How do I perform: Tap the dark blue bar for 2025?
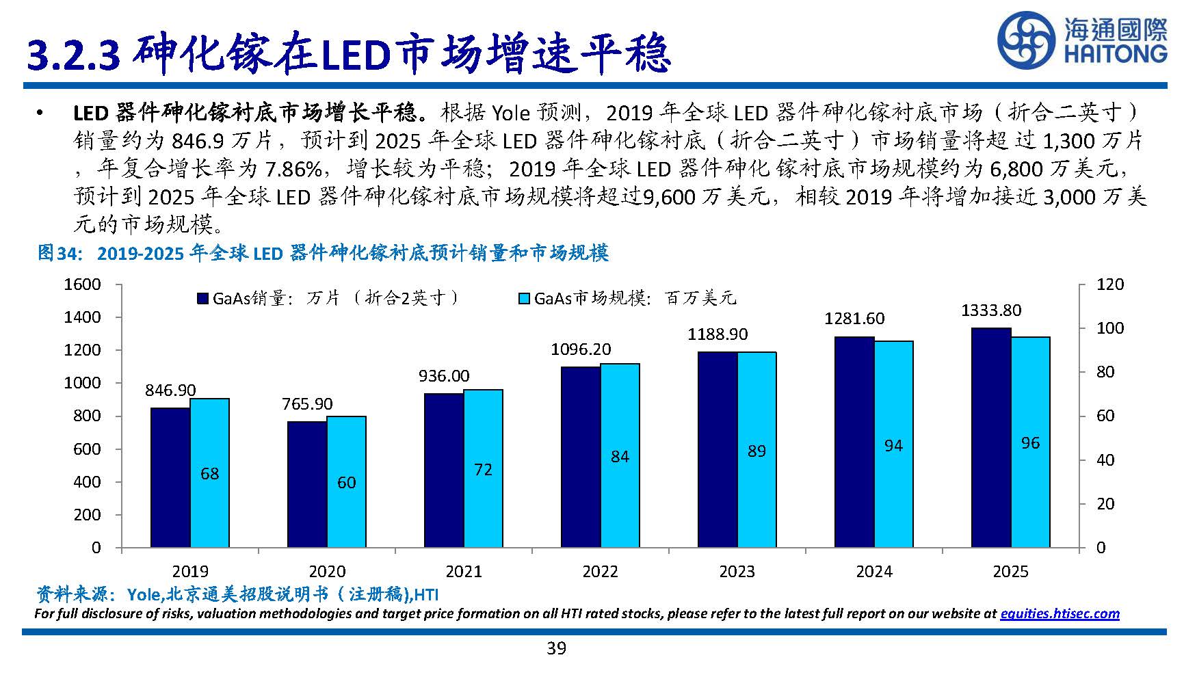[x=991, y=438]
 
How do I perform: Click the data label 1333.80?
[x=991, y=310]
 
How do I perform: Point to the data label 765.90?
[x=307, y=404]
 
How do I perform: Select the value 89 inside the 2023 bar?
[x=757, y=451]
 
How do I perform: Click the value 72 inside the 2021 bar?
[x=483, y=470]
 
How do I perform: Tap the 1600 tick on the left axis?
[x=82, y=284]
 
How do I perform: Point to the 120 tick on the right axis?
[x=1109, y=284]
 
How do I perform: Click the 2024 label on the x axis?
[x=873, y=572]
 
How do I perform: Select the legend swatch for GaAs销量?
[x=202, y=298]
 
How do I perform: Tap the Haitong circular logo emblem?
[x=1027, y=41]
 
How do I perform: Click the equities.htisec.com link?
[x=1060, y=613]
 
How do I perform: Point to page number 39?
[x=556, y=648]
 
